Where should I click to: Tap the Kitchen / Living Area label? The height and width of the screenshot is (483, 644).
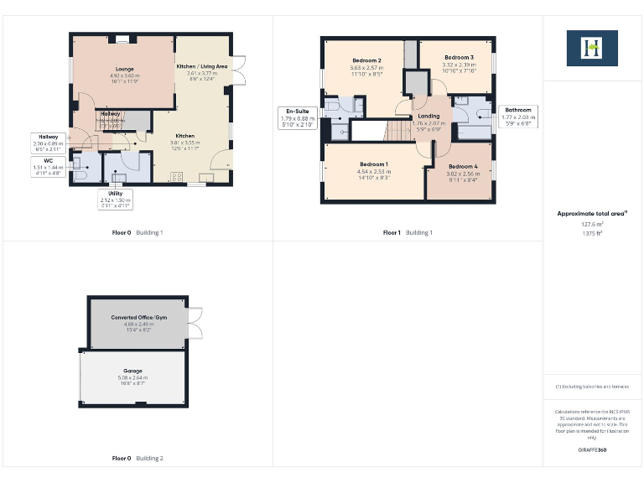point(201,65)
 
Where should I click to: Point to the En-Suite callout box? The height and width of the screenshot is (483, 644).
point(297,118)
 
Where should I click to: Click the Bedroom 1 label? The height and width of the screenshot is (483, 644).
point(373,164)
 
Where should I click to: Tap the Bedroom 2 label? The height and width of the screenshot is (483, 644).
point(366,60)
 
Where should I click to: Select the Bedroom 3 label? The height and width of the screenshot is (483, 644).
point(459,57)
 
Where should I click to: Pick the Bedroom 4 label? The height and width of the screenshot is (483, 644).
point(462,167)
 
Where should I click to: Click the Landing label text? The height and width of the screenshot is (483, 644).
point(428,116)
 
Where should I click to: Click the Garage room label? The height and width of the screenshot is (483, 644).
point(133,370)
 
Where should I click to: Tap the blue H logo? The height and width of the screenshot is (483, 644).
point(592,48)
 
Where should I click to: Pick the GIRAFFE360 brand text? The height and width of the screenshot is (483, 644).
point(592,450)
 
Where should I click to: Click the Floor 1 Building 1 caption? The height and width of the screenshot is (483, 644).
point(408,232)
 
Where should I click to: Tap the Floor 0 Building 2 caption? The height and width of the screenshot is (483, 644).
point(138,459)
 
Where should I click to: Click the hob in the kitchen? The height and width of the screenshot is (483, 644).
point(177,175)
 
